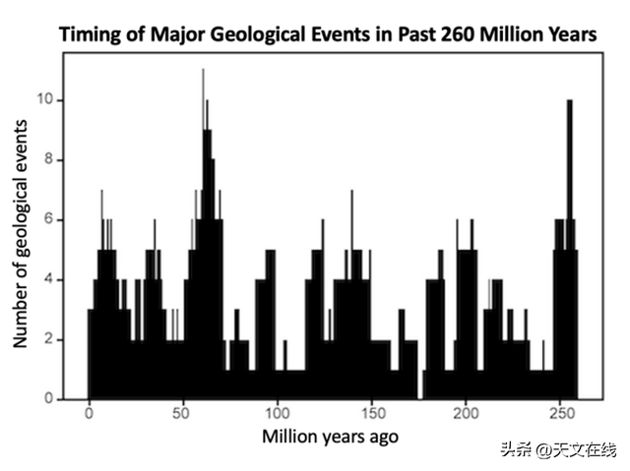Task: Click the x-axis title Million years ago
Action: point(331,435)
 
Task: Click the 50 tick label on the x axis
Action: point(183,414)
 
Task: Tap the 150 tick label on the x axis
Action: point(371,414)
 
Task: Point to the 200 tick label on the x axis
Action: point(466,414)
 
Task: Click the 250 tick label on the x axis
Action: point(560,414)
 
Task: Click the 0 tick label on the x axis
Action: point(89,414)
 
